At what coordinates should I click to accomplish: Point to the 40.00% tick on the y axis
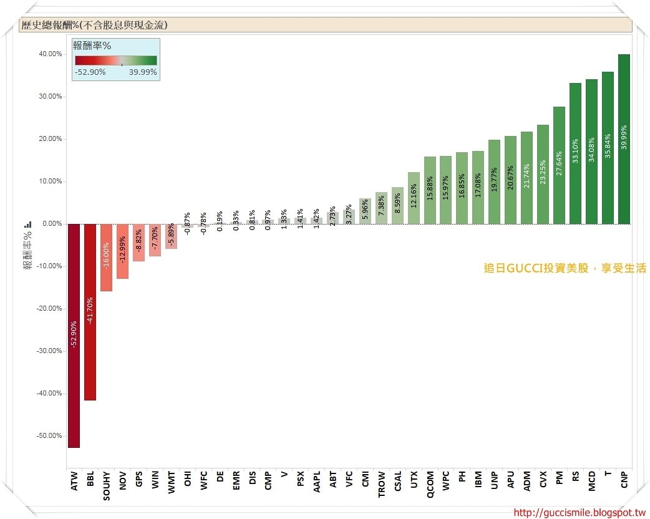pyautogui.click(x=51, y=54)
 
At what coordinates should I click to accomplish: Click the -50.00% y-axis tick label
pyautogui.click(x=49, y=436)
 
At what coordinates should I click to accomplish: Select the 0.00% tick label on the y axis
pyautogui.click(x=51, y=224)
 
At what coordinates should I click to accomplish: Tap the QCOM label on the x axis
pyautogui.click(x=430, y=483)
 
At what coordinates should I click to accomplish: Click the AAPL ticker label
pyautogui.click(x=317, y=482)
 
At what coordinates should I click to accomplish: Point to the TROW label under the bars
pyautogui.click(x=382, y=483)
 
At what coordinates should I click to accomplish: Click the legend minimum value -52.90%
pyautogui.click(x=90, y=72)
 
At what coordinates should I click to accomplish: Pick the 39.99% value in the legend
pyautogui.click(x=142, y=72)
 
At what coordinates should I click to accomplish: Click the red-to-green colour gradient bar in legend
pyautogui.click(x=116, y=61)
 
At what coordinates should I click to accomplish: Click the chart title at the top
pyautogui.click(x=94, y=26)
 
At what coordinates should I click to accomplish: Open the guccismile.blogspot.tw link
pyautogui.click(x=579, y=513)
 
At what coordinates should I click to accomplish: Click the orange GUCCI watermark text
pyautogui.click(x=565, y=268)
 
